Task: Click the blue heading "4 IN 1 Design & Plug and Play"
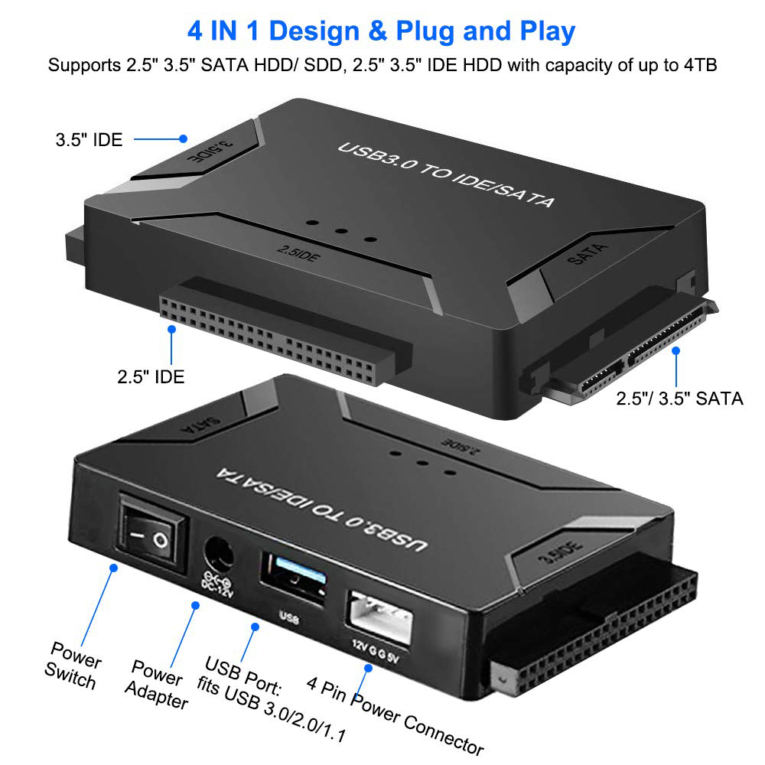coord(381,31)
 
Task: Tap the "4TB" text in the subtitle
coord(700,65)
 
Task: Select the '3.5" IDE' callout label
coord(89,139)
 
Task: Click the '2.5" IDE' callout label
coord(151,376)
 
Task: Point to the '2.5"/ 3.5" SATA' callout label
coord(679,399)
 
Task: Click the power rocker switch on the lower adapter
coord(153,532)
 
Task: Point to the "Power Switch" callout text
coord(73,666)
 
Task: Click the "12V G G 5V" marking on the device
coord(376,652)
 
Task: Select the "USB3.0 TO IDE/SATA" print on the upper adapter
coord(446,174)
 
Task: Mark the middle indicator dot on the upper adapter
coord(341,231)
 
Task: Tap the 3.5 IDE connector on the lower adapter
coord(593,630)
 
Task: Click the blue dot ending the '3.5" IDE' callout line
coord(184,138)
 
